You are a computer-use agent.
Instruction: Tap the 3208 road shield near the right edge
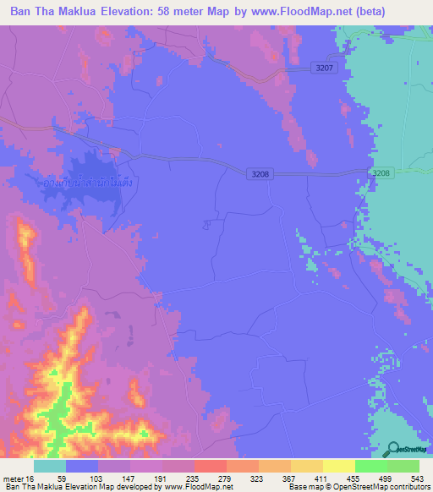381,172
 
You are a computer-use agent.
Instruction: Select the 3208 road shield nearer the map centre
260,173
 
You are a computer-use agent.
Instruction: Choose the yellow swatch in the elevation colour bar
339,467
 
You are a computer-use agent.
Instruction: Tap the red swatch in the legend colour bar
211,467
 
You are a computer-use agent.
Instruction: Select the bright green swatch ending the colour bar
403,467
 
